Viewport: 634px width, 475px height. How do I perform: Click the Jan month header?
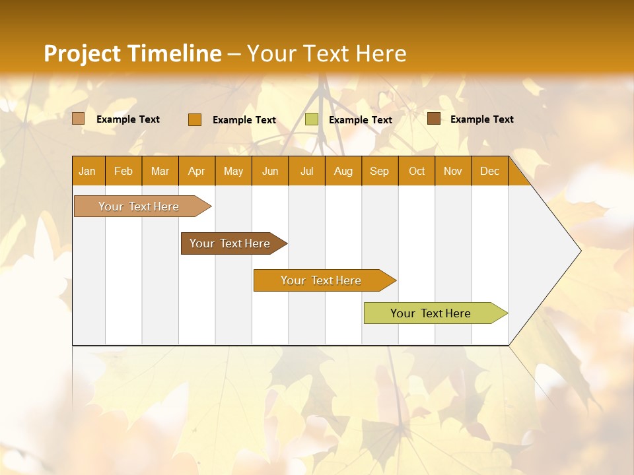point(87,171)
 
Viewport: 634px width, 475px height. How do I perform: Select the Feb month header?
point(123,171)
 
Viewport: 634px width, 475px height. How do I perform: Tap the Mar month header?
point(160,171)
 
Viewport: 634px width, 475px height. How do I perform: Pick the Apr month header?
point(196,171)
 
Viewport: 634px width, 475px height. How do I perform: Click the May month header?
point(233,171)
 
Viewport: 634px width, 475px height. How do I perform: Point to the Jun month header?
point(270,171)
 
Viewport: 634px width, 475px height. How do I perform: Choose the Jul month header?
point(306,171)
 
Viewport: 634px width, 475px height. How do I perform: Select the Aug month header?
point(343,171)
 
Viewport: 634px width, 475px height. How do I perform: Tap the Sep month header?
point(379,171)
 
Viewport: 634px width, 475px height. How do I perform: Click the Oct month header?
point(417,171)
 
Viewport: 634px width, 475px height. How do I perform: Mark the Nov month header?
point(453,171)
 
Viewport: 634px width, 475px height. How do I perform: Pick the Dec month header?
point(489,171)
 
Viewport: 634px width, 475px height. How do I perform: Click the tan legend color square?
point(78,119)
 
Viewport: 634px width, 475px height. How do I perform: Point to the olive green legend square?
point(312,119)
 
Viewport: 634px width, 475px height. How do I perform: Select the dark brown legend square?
point(434,119)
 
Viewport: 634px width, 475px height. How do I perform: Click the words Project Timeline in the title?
point(133,53)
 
